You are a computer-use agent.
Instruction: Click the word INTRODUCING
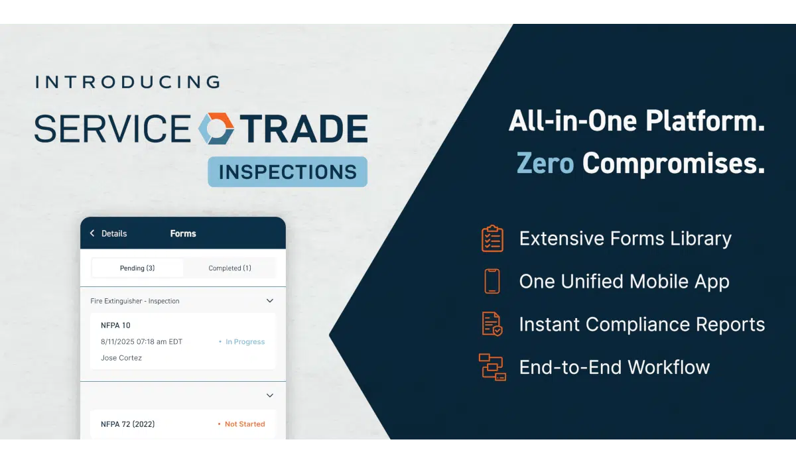128,82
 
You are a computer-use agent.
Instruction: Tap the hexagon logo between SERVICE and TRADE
216,129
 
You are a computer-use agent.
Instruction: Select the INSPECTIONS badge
287,172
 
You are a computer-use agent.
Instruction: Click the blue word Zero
545,163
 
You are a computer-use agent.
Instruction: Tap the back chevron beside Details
92,233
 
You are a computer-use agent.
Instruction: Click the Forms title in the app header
183,233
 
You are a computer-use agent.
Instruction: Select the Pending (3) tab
137,268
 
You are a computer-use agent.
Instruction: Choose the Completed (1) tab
230,268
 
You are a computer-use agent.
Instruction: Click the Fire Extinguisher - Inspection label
135,301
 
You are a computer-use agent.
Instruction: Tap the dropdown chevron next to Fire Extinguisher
270,301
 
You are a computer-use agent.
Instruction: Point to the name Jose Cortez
121,358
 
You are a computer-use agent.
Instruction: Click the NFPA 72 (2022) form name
127,424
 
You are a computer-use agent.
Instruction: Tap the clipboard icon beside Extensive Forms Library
492,239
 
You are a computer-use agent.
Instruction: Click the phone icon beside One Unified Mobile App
492,281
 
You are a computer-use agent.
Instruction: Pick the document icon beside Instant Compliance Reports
492,323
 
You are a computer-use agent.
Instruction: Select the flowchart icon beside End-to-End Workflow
492,367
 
